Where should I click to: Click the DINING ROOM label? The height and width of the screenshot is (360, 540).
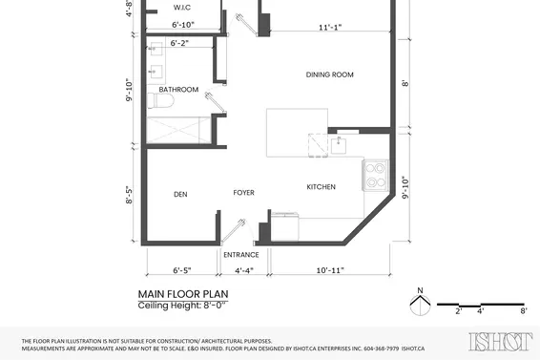(x=330, y=74)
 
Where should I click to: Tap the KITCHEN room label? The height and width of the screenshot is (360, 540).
(x=320, y=187)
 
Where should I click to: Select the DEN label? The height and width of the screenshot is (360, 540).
(x=180, y=194)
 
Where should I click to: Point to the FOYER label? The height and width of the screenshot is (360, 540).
(x=244, y=193)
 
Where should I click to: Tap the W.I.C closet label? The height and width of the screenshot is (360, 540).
(x=183, y=8)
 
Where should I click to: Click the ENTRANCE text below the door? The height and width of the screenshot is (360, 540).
(x=241, y=255)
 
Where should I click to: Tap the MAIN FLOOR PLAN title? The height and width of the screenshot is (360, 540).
(x=183, y=294)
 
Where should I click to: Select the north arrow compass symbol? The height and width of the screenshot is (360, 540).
(x=417, y=304)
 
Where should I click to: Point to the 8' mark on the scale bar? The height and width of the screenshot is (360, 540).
(x=523, y=311)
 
